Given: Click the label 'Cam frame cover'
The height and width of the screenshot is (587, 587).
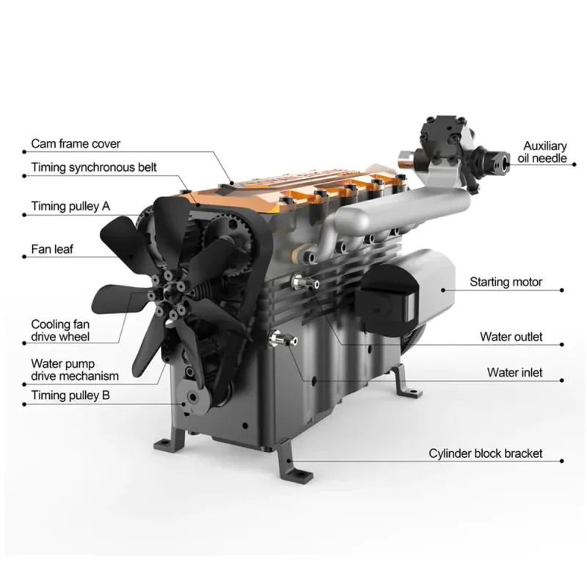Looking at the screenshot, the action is point(76,144).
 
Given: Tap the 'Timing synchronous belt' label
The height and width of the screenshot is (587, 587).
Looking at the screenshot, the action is point(94,167).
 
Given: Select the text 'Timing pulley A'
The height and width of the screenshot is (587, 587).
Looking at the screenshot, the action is point(70,206).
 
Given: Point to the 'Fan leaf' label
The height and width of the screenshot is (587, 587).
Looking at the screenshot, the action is point(52,249).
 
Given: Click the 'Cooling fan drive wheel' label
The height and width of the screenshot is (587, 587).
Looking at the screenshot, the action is point(60,330).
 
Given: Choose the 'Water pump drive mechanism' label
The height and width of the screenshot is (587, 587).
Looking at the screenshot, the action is point(75,370).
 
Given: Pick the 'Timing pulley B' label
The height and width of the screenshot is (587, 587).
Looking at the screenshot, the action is point(70,395).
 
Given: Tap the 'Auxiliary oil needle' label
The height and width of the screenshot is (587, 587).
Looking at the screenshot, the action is point(542,152).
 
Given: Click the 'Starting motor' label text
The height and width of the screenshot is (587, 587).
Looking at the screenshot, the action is point(506,282).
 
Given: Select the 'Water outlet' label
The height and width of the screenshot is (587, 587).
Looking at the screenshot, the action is point(511,337).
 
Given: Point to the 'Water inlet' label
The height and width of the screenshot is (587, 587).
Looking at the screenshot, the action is point(515,373).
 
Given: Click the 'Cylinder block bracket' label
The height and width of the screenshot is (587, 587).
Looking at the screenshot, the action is point(486,453).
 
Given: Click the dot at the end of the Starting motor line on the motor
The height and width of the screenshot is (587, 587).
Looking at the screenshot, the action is point(443,290).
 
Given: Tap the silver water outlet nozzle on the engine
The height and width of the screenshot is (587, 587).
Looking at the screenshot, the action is point(305,282).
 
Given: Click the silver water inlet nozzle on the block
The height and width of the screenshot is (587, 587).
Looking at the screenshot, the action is point(282,339).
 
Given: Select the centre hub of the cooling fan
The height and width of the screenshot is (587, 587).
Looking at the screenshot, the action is point(168,295).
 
